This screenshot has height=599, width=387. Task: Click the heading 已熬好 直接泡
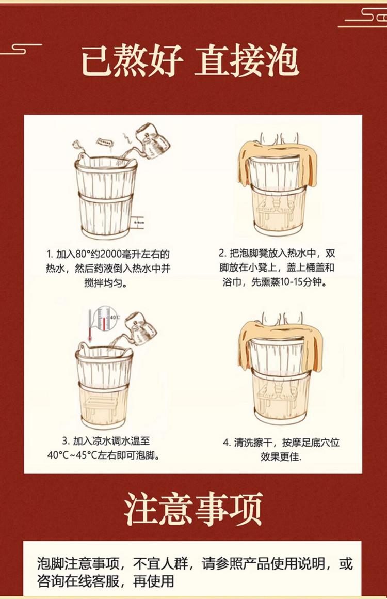tap(190, 62)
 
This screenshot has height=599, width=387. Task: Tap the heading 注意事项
tap(194, 509)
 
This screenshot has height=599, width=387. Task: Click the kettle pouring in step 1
tap(152, 141)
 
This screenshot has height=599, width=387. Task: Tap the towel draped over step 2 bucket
tap(278, 161)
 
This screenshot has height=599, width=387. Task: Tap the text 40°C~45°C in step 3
tap(72, 456)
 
